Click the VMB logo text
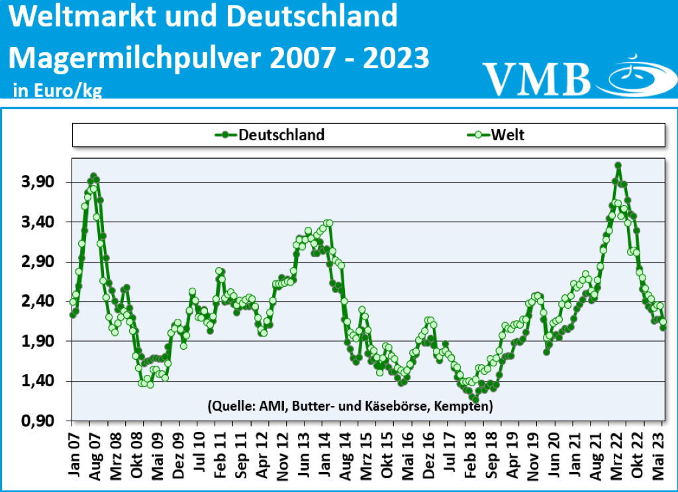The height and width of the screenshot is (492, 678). pos(536,78)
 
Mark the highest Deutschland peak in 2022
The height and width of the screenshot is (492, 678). pos(618,165)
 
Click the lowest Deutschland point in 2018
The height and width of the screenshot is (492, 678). pos(475,399)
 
